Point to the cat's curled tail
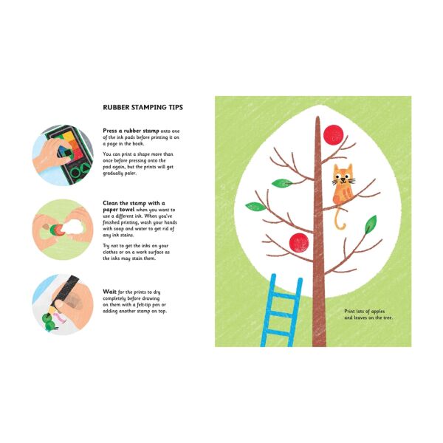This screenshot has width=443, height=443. pyautogui.click(x=340, y=219)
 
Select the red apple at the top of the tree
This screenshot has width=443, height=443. pyautogui.click(x=334, y=134)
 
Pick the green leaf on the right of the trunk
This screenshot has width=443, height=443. pyautogui.click(x=370, y=224)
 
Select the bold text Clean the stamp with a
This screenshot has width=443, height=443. pyautogui.click(x=134, y=202)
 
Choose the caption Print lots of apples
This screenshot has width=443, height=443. pyautogui.click(x=368, y=312)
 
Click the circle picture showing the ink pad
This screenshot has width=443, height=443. pyautogui.click(x=62, y=154)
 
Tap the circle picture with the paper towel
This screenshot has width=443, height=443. pyautogui.click(x=62, y=228)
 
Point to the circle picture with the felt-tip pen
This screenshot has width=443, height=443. pyautogui.click(x=62, y=304)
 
